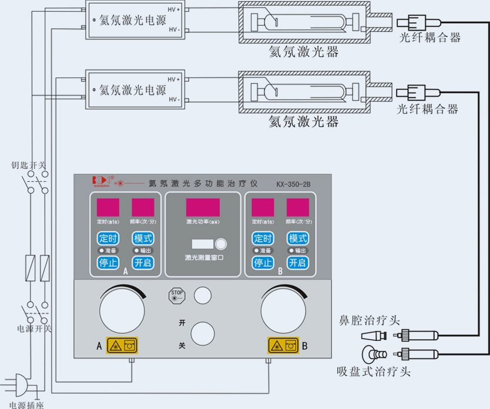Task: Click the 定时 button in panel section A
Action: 108,238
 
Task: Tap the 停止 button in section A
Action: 108,262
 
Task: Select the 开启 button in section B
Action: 297,262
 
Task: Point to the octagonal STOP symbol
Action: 177,295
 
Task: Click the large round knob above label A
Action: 122,310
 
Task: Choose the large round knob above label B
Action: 284,311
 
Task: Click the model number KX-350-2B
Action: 293,184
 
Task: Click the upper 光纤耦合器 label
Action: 429,38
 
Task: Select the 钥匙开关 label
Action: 29,165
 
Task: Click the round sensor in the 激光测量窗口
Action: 221,244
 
